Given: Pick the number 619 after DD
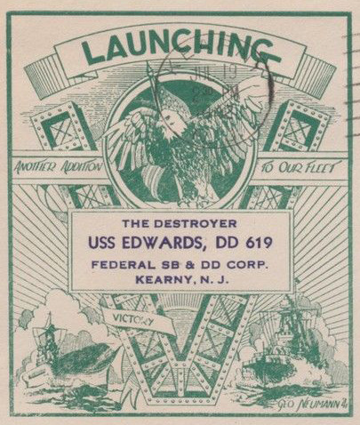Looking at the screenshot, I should (258, 242).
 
